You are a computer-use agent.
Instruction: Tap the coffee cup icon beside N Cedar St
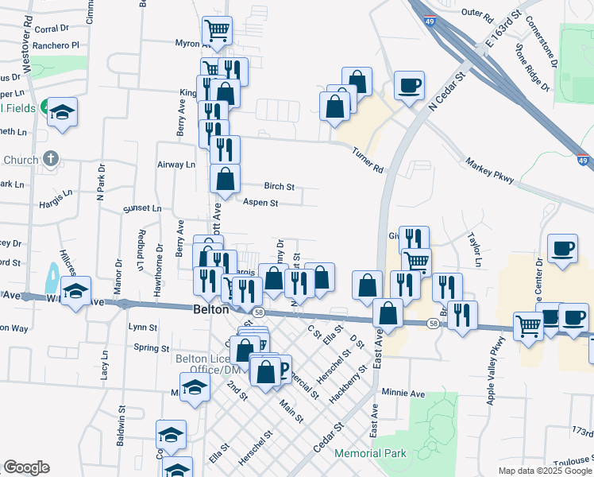point(409,85)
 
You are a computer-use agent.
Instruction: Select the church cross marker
point(52,159)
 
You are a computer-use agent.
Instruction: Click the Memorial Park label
point(371,453)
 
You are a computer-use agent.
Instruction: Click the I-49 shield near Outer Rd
point(430,21)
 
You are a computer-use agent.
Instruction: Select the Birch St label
point(280,187)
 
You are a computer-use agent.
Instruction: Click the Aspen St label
point(260,204)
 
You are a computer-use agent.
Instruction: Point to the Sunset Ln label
point(142,209)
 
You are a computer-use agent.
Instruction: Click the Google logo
point(26,467)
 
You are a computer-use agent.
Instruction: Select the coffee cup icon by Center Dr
point(563,249)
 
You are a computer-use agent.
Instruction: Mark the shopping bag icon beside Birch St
point(226,178)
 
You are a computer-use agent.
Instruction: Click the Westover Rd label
point(28,46)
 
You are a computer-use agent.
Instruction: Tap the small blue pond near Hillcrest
point(52,277)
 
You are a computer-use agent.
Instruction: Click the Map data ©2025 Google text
point(544,471)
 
